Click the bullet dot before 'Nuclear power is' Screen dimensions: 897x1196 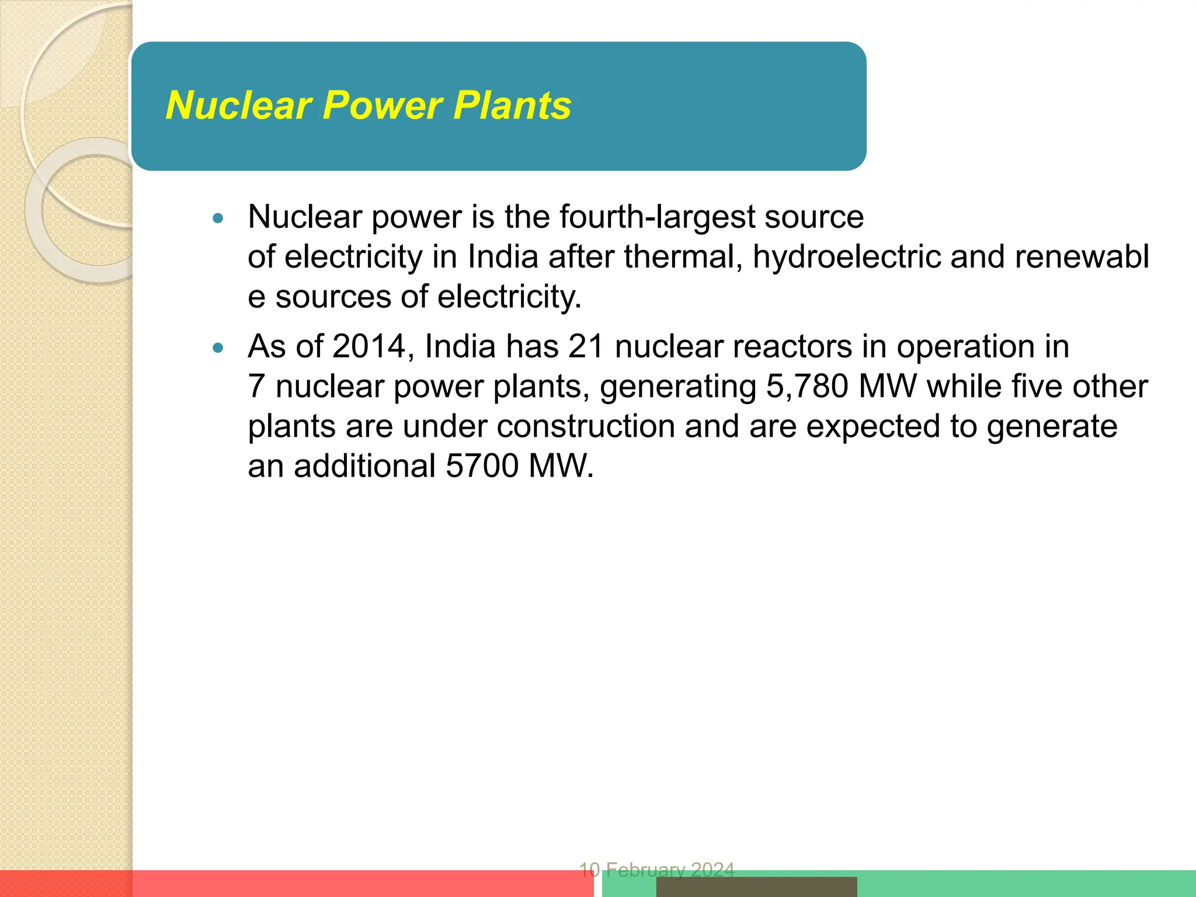click(x=218, y=219)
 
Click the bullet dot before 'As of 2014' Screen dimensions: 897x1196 click(x=218, y=349)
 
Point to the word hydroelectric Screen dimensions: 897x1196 click(x=846, y=257)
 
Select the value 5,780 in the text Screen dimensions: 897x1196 click(x=806, y=387)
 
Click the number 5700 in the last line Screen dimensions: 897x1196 click(x=482, y=466)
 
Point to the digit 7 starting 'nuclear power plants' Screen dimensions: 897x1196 click(x=256, y=387)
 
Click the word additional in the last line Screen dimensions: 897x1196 click(x=364, y=466)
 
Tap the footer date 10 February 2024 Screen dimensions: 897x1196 click(x=656, y=870)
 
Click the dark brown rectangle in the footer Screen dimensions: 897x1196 click(x=756, y=886)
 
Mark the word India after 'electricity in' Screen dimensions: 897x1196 click(x=502, y=257)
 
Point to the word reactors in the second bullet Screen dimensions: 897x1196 click(x=792, y=346)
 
